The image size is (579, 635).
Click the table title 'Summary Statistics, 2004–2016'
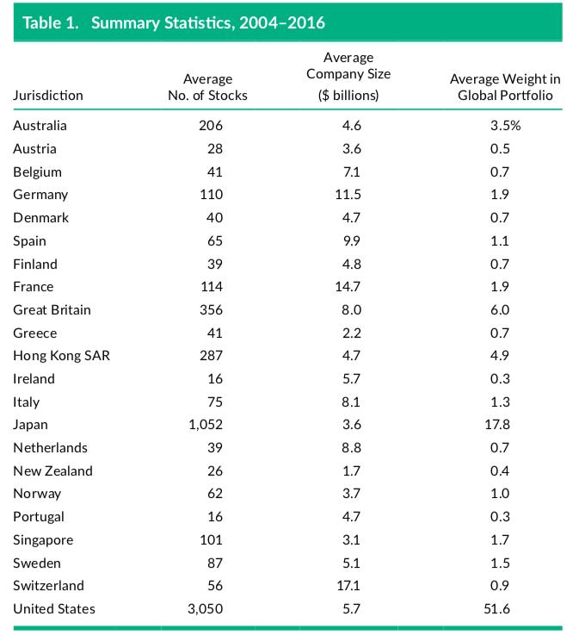(x=207, y=22)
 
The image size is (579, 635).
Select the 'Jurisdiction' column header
(x=48, y=95)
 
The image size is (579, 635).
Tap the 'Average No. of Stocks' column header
(x=207, y=87)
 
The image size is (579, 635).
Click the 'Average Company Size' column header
(x=348, y=76)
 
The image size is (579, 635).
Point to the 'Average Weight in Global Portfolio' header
(x=500, y=87)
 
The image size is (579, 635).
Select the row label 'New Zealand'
(x=52, y=471)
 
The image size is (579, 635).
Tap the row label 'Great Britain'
(x=52, y=309)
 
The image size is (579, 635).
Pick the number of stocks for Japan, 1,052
(x=205, y=425)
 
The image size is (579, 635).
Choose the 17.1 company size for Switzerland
(x=349, y=586)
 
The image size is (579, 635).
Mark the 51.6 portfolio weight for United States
(x=500, y=609)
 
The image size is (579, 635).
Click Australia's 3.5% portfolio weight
(x=506, y=126)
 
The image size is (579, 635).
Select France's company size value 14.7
(x=349, y=287)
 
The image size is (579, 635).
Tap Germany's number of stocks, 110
(x=211, y=195)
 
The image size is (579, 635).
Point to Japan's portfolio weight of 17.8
(x=500, y=425)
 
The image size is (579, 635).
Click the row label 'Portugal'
(x=39, y=517)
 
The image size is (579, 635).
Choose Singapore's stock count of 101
(x=211, y=540)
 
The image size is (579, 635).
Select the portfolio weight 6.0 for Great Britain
(x=500, y=309)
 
